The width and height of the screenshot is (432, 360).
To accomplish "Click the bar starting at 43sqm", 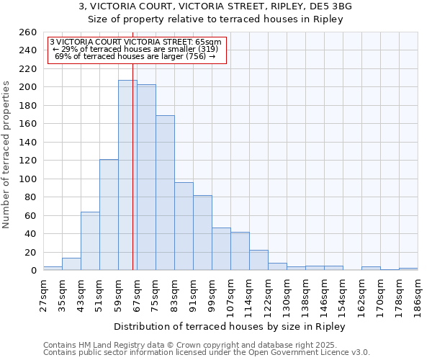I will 90,241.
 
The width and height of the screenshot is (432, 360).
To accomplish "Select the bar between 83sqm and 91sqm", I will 184,226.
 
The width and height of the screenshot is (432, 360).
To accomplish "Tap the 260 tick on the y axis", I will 29,32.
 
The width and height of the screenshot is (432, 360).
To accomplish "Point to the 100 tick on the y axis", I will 29,179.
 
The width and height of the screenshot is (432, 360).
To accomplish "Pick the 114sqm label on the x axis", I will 249,293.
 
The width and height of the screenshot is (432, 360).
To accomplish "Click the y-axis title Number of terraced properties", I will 6,154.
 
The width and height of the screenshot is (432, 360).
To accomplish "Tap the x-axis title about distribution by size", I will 230,326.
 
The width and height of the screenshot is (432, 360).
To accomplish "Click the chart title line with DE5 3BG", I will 215,6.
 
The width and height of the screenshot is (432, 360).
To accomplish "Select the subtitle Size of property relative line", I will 215,19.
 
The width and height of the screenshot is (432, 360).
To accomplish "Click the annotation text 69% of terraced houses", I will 135,56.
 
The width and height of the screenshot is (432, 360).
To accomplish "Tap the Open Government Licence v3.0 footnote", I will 207,353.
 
